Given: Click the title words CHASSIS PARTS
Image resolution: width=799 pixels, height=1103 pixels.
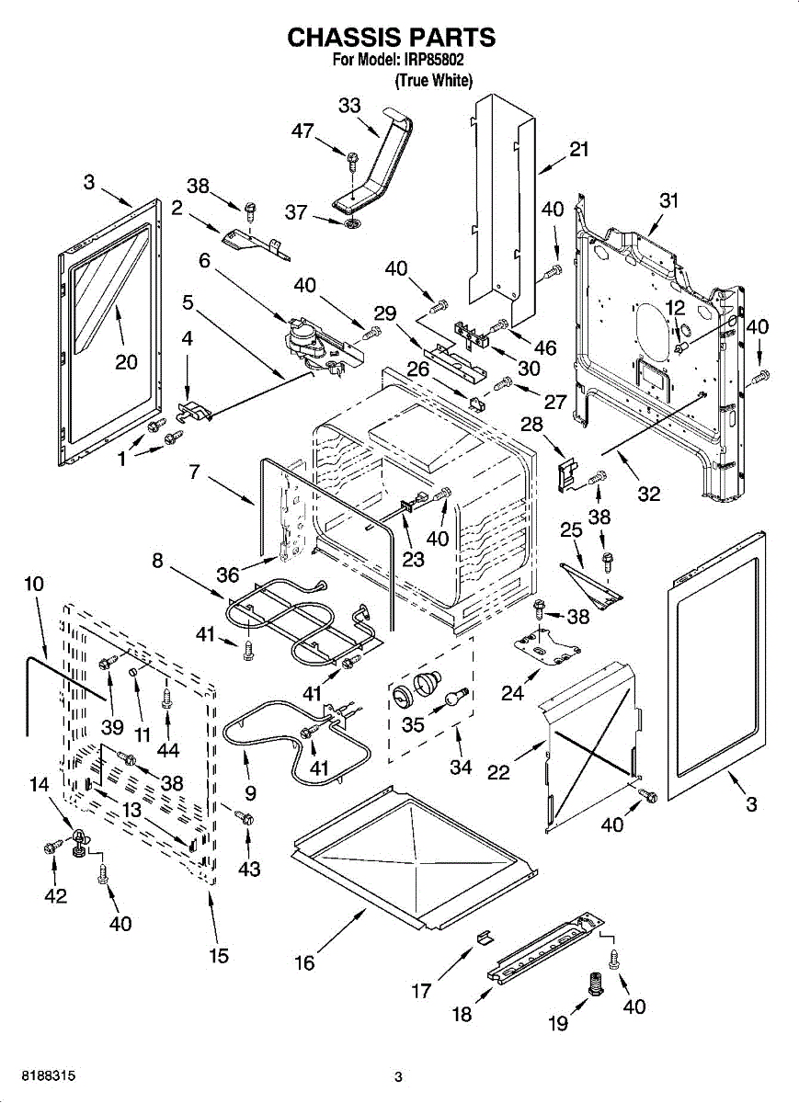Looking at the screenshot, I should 392,37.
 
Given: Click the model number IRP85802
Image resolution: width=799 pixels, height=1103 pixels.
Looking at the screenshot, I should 433,61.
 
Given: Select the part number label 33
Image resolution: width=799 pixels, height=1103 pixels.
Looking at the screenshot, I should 349,106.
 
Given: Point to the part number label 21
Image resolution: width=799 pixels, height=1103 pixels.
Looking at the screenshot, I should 578,150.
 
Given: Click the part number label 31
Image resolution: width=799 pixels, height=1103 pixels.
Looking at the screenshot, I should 668,200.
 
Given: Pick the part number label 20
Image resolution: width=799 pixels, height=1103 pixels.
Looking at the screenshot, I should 126,361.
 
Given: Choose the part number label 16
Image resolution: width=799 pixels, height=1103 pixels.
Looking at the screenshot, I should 304,962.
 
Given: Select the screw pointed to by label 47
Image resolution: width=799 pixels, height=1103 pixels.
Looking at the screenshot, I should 352,161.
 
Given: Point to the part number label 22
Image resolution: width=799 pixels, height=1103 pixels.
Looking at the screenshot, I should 498,773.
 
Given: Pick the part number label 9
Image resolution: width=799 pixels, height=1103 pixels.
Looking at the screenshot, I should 250,792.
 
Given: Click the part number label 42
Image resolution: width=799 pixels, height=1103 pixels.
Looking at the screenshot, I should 56,895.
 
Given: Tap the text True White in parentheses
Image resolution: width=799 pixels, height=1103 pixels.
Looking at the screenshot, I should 433,81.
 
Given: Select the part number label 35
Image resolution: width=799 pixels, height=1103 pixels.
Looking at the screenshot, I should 414,724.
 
